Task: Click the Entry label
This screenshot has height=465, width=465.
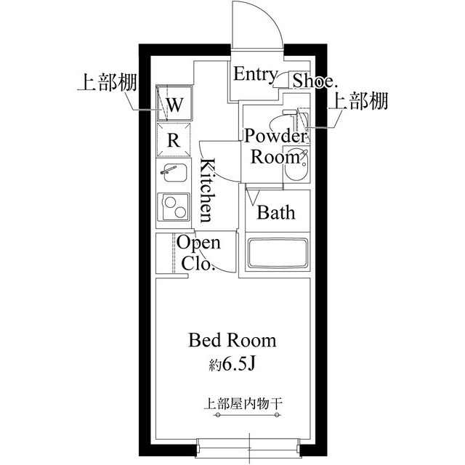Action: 254,74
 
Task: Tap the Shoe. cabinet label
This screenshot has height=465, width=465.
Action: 313,80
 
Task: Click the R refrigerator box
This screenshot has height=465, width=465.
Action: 174,140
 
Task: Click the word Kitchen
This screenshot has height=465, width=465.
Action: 208,190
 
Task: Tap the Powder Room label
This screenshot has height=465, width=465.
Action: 275,146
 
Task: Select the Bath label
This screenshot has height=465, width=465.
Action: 277,213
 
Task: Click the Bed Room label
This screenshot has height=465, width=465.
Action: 232,339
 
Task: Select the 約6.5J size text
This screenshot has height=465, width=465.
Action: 232,363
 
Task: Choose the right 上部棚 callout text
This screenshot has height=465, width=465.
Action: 358,102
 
